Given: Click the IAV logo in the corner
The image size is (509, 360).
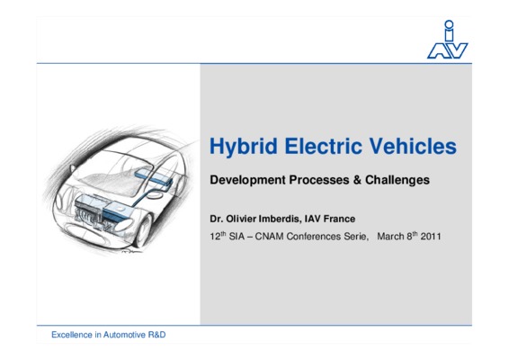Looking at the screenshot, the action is (447, 40).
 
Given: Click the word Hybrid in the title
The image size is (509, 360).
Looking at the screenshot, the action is (244, 147).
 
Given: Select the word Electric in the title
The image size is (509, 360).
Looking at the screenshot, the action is (323, 146).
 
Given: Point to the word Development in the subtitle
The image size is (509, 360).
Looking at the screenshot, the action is (247, 180).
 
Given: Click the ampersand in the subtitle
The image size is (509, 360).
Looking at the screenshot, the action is (357, 180).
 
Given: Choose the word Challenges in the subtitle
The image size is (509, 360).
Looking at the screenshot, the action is (397, 180).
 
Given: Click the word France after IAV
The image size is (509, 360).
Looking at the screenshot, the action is (340, 219).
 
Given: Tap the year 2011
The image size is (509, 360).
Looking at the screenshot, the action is (431, 236).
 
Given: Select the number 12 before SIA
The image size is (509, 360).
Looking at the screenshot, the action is (215, 236).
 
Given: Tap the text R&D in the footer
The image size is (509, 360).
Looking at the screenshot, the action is (156, 335).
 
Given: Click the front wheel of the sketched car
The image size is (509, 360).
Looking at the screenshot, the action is (144, 230).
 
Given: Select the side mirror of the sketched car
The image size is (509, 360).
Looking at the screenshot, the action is (72, 168).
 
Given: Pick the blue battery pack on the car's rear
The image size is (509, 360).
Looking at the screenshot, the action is (153, 175).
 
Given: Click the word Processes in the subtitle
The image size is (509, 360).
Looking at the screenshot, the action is (319, 180).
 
